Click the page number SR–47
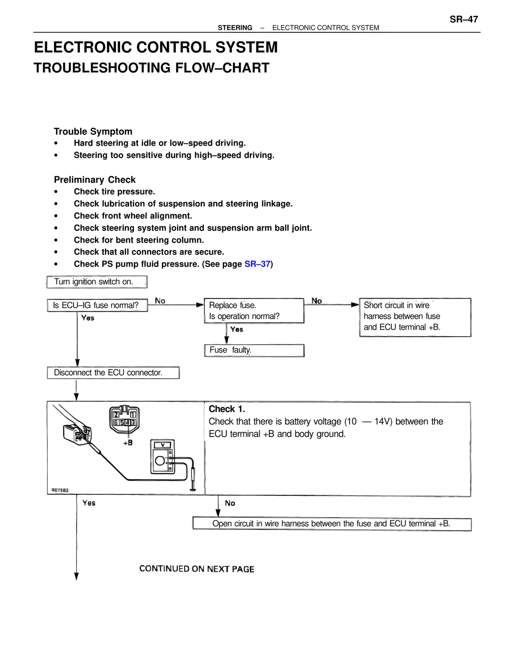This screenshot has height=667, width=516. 464,19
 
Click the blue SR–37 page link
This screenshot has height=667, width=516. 257,264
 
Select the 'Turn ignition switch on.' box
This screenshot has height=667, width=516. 97,282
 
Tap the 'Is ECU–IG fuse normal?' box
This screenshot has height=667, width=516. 98,305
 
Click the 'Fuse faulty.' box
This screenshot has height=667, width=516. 254,350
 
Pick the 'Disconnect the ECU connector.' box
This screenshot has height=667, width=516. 113,373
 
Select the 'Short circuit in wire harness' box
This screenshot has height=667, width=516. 415,317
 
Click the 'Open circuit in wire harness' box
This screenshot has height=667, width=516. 332,524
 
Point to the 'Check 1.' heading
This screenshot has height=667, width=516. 227,409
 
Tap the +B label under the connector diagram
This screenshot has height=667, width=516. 127,443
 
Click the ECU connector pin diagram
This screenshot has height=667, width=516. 125,418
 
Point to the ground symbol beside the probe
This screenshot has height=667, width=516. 193,490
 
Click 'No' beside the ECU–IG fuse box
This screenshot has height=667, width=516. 160,301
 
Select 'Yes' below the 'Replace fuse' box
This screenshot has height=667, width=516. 237,329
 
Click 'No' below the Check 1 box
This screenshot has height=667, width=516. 230,503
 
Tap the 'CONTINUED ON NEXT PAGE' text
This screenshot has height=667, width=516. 197,569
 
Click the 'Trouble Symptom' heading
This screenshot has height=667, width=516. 93,131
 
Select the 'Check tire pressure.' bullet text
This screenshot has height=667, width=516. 114,192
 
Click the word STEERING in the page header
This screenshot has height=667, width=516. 235,28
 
